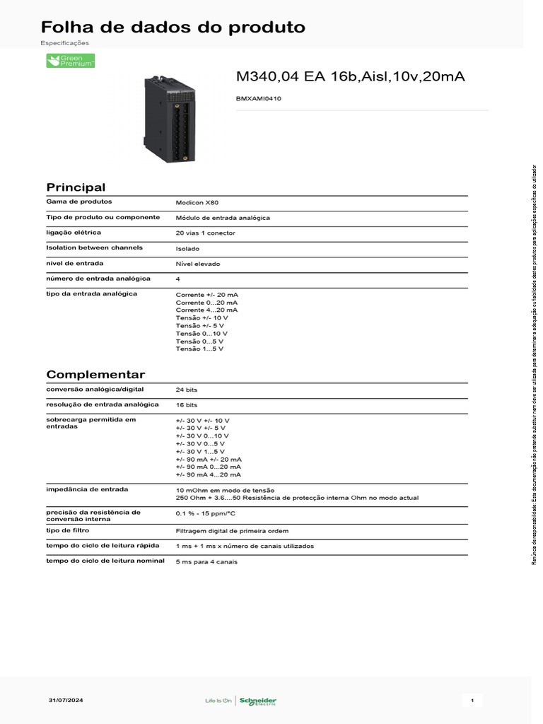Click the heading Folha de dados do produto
click(x=173, y=28)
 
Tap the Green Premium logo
click(x=70, y=61)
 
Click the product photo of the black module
click(x=170, y=118)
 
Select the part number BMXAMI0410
click(x=258, y=99)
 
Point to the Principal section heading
click(x=76, y=187)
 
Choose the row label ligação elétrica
click(x=74, y=232)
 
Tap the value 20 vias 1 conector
click(x=206, y=233)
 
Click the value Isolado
click(x=188, y=248)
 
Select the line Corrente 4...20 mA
click(x=206, y=310)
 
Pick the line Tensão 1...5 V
click(x=199, y=349)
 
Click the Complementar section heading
click(x=95, y=375)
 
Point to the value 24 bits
click(x=187, y=390)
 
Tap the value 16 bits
click(x=187, y=405)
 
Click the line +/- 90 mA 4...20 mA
click(x=209, y=474)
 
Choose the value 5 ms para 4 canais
click(x=207, y=561)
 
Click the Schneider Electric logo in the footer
click(x=257, y=701)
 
